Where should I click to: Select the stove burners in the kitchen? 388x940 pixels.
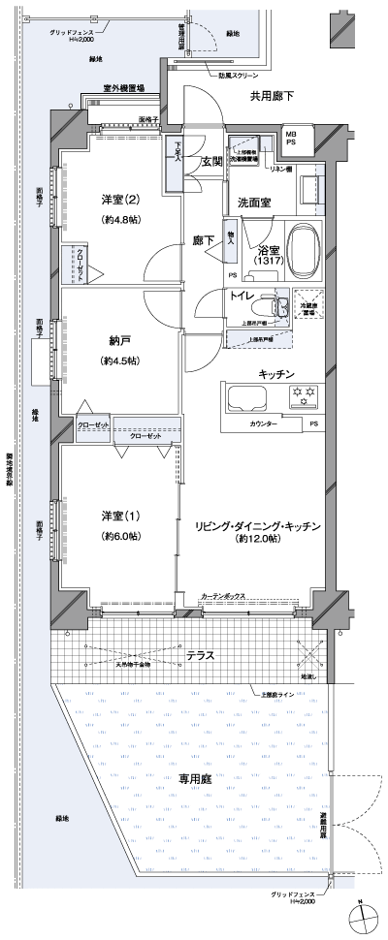305,394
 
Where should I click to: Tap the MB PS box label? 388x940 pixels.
291,138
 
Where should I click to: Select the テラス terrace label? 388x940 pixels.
200,656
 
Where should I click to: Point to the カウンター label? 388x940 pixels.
262,424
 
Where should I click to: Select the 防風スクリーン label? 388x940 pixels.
237,74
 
